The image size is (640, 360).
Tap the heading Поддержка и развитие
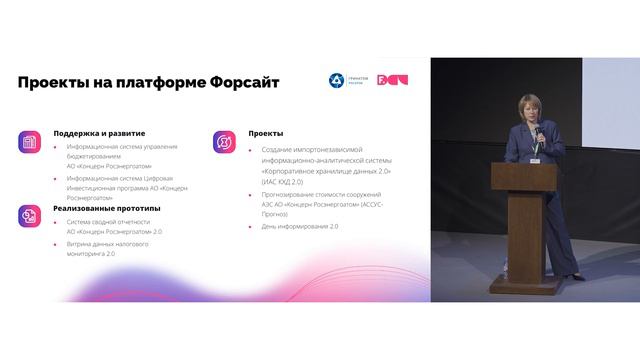(99, 133)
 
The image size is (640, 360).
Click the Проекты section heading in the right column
(266, 133)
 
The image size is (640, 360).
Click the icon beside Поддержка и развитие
(29, 143)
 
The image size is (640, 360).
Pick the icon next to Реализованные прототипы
(29, 217)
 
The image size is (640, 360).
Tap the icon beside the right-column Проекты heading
(224, 143)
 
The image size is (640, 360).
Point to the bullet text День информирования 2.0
(300, 226)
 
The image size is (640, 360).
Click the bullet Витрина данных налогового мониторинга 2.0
(107, 249)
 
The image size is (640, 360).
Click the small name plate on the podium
(539, 156)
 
